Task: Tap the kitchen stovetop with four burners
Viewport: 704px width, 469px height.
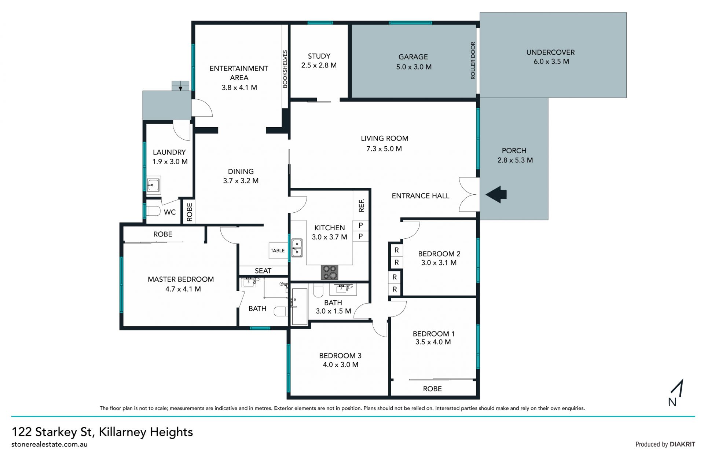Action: tap(329, 272)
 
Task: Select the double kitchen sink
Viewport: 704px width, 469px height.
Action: tap(297, 248)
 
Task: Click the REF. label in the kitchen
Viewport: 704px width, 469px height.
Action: tap(362, 205)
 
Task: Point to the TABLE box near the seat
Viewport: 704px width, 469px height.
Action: tap(278, 251)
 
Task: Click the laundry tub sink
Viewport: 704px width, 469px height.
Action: tap(153, 186)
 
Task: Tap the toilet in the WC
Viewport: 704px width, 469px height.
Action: tap(153, 211)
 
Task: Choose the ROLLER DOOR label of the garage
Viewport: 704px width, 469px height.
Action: tap(473, 61)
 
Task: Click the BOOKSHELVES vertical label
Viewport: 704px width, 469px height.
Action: tap(285, 69)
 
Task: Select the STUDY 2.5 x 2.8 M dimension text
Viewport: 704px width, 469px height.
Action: tap(319, 65)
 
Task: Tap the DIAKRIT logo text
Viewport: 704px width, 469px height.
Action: tap(682, 444)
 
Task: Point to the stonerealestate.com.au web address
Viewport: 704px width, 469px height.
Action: tap(49, 444)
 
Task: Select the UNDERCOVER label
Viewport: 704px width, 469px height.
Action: tap(550, 52)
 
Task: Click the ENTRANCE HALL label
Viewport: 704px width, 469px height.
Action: tap(421, 196)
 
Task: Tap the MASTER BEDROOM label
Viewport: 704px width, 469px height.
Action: tap(181, 279)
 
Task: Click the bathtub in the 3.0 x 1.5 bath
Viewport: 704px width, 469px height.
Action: tap(300, 307)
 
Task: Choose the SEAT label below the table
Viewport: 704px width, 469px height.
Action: tap(263, 271)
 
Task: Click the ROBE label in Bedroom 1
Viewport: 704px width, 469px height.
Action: tap(432, 389)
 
